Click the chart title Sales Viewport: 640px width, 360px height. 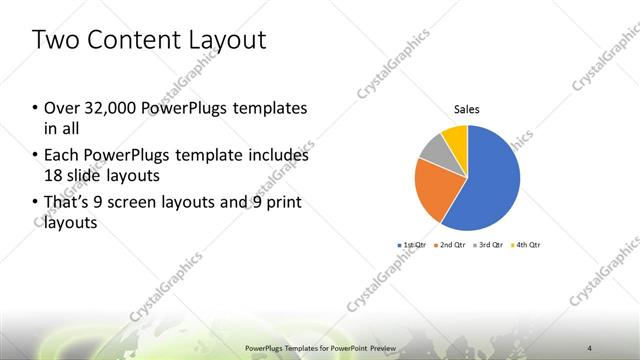[x=466, y=108]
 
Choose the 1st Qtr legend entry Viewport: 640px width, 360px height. [x=414, y=244]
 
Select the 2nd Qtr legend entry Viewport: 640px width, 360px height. [x=452, y=244]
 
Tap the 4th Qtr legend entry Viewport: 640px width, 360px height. [x=528, y=244]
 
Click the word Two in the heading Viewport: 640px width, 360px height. [x=56, y=40]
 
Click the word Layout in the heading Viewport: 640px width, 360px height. [x=232, y=40]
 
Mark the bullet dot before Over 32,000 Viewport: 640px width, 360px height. [x=36, y=108]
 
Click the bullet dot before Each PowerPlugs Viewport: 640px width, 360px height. [x=36, y=156]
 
